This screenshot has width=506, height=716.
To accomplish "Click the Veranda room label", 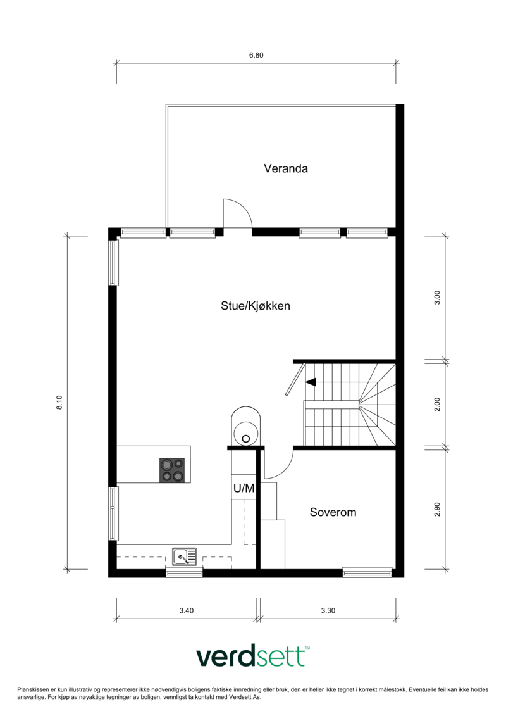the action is [286, 168].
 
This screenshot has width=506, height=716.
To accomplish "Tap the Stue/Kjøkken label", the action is [256, 306].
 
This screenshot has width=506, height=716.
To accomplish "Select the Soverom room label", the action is [333, 512].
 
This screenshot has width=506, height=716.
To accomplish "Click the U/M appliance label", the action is [244, 488].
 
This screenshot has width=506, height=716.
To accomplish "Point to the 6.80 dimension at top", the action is [256, 55].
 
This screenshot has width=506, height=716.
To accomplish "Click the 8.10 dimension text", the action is [59, 402].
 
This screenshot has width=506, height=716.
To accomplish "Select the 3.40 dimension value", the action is [186, 610].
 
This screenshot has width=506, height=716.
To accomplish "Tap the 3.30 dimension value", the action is [328, 610].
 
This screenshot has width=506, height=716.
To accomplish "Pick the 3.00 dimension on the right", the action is [437, 298].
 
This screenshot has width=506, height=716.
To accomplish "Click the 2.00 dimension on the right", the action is [437, 405].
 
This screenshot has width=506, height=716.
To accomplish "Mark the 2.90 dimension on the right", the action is [437, 509].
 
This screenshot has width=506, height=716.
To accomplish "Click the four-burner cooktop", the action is [172, 470].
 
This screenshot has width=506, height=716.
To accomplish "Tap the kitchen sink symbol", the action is [184, 556].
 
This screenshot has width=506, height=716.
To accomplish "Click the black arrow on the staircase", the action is [311, 382].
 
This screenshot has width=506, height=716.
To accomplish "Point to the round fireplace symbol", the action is [246, 426].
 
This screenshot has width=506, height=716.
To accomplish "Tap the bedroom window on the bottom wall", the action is [367, 571].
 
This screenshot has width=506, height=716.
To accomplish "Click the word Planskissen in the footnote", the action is [32, 689].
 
